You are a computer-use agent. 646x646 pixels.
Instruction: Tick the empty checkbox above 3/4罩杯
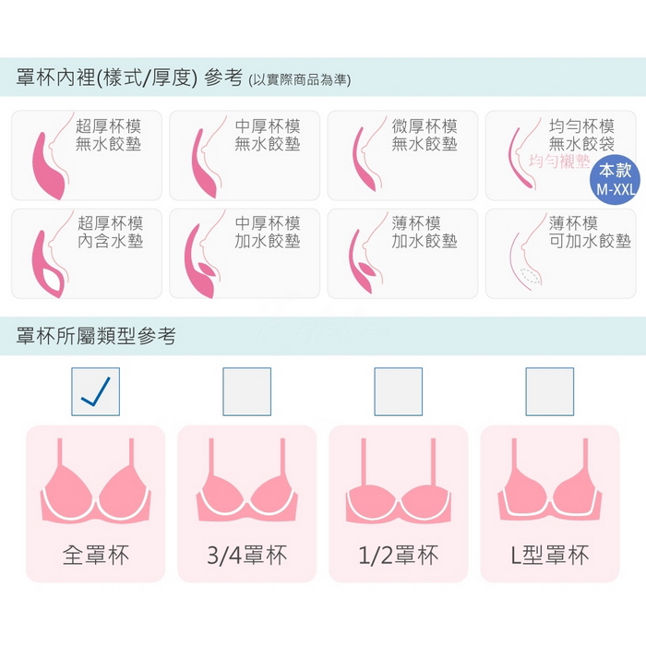tap(246, 392)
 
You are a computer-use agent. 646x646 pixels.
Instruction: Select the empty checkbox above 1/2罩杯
tap(399, 392)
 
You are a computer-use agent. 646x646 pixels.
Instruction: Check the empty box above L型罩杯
tap(550, 392)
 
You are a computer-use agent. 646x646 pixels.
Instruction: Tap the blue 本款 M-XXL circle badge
tap(615, 180)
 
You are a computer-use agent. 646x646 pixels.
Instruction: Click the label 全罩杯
tap(96, 555)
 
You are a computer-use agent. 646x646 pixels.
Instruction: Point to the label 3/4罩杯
tap(246, 555)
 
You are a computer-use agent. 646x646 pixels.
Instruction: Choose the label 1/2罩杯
tap(399, 555)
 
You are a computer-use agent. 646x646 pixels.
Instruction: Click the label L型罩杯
tap(550, 555)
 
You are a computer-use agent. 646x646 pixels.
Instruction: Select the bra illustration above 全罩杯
tap(96, 482)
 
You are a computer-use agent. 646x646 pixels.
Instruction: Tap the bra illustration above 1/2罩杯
tap(399, 482)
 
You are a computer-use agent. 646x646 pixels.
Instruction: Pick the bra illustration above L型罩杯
tap(550, 482)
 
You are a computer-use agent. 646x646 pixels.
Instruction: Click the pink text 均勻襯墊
tap(559, 161)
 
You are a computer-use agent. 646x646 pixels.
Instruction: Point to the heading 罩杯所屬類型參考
tap(96, 336)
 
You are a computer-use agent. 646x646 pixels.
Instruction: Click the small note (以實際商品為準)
tap(300, 79)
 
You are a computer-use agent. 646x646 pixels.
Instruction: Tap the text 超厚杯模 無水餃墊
tap(108, 135)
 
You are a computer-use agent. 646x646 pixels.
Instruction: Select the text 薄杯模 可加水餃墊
tap(590, 233)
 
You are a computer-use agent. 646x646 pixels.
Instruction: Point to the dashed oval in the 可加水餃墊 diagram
tap(531, 276)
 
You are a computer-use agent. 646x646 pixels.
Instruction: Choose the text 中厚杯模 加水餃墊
tap(268, 233)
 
